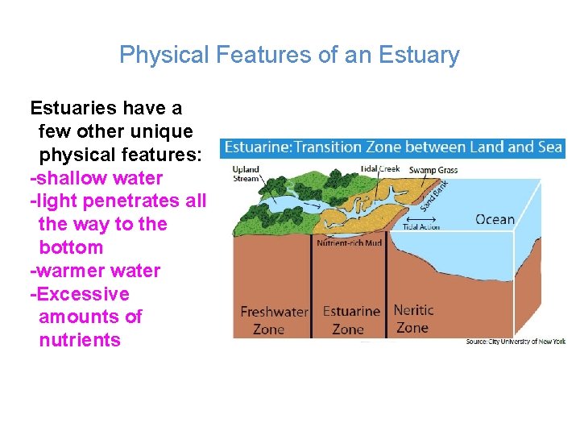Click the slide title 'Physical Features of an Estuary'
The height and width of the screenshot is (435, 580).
tap(289, 55)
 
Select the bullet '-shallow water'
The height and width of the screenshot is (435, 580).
tap(96, 178)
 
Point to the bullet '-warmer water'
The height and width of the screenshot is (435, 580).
tap(95, 271)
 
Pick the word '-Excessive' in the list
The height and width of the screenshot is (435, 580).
tap(79, 294)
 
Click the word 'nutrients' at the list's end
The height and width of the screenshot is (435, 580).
tap(80, 340)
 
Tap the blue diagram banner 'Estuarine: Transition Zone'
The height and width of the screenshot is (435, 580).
tap(392, 147)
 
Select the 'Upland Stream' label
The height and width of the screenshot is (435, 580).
tap(246, 173)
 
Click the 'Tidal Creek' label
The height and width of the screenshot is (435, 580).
tap(380, 169)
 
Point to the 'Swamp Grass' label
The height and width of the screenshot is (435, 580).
tap(433, 170)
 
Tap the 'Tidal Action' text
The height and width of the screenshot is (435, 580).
tap(421, 227)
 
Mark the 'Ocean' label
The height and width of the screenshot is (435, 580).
tap(495, 219)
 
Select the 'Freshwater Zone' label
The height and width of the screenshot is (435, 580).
tap(274, 320)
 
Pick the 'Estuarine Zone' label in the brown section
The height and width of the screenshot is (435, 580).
tap(350, 320)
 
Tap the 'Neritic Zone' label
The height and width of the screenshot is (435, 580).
tap(413, 318)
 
